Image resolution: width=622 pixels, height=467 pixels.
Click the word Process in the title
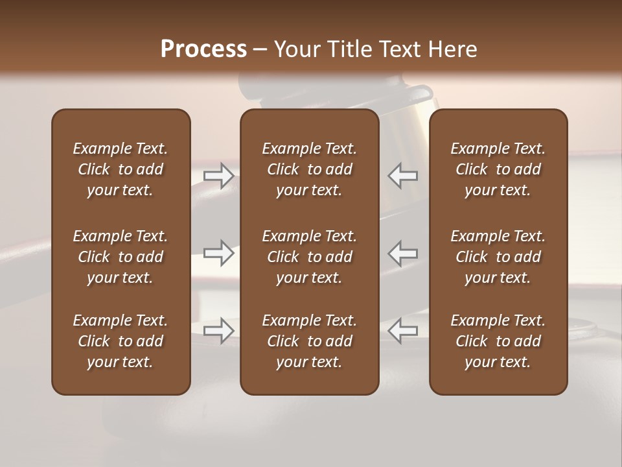coord(203,49)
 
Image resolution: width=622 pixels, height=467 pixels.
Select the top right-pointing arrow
coord(219,176)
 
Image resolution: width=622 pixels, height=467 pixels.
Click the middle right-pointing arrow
coord(219,253)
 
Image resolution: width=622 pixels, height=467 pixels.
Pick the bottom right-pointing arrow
coord(219,331)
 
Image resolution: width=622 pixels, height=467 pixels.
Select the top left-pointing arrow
coord(403,176)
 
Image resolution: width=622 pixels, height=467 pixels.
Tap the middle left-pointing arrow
coord(403,253)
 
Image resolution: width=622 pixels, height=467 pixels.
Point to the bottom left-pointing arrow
coord(403,331)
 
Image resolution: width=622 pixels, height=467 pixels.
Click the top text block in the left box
coord(121,169)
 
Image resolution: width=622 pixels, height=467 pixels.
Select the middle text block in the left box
coord(121,257)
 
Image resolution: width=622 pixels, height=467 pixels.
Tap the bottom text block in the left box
coord(121,341)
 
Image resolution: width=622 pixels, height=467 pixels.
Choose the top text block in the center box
coord(309,169)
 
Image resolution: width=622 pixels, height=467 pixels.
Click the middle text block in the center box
coord(309,257)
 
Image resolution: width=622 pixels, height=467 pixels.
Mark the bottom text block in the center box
coord(309,341)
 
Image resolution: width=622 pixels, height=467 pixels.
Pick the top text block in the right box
coord(498,169)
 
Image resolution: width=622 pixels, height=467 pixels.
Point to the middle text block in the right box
coord(498,257)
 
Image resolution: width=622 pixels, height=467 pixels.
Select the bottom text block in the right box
coord(498,341)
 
